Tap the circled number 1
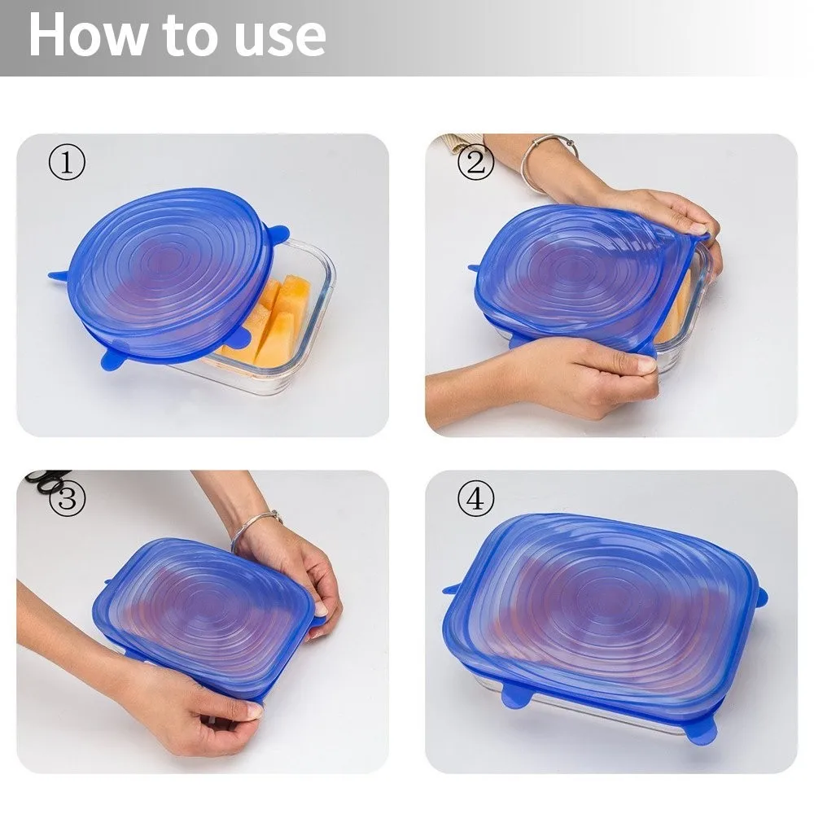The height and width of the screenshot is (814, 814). click(x=67, y=163)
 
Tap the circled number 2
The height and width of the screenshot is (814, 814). click(x=475, y=163)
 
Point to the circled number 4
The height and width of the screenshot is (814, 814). click(x=475, y=499)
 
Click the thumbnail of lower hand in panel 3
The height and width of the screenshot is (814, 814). click(x=255, y=711)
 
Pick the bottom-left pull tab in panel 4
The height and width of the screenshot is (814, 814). click(x=515, y=697)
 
